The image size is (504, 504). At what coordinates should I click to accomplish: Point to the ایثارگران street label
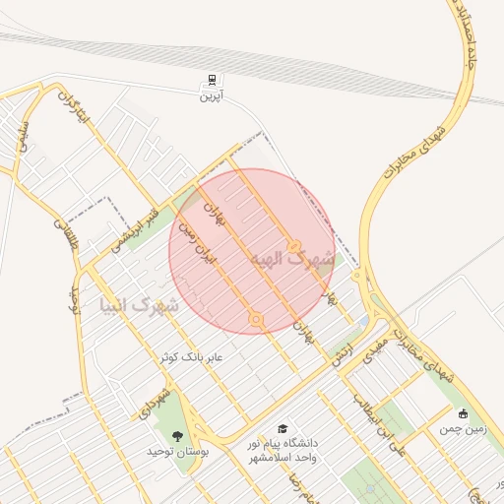[x=74, y=109]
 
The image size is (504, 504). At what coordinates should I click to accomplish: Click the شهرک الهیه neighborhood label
[x=292, y=260]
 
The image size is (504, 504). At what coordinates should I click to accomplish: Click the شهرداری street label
[x=160, y=406]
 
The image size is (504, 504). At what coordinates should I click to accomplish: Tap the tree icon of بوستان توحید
[x=177, y=436]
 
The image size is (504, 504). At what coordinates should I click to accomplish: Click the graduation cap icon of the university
[x=283, y=429]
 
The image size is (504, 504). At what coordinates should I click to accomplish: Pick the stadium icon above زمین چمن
[x=464, y=413]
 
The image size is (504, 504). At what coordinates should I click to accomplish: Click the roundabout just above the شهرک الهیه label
[x=293, y=245]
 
